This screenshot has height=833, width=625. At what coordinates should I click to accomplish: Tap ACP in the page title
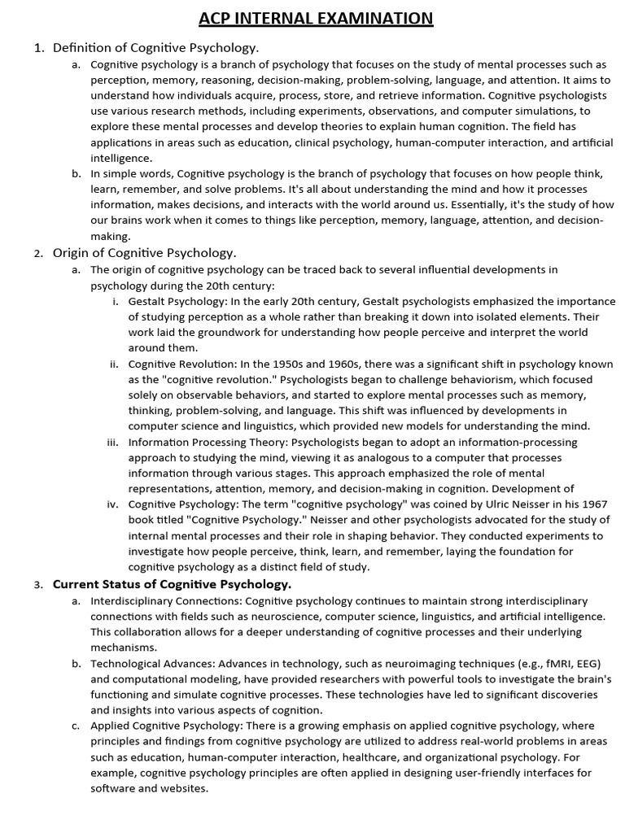click(x=220, y=18)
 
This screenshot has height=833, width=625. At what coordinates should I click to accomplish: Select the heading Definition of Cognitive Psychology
click(x=156, y=48)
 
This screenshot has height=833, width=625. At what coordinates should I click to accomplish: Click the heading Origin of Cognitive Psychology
click(x=145, y=253)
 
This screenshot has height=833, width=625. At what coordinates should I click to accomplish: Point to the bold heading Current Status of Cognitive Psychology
click(x=172, y=584)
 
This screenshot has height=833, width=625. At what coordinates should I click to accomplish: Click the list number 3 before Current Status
click(x=37, y=585)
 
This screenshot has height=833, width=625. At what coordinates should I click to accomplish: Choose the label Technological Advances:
click(x=152, y=664)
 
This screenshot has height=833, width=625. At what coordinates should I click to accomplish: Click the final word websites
click(x=185, y=789)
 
